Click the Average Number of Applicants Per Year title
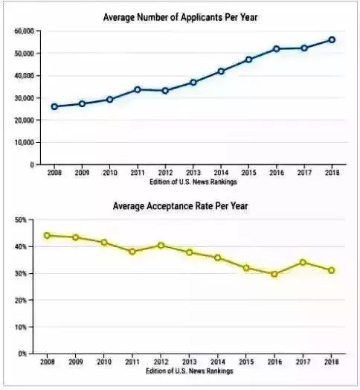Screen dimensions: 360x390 click(x=180, y=17)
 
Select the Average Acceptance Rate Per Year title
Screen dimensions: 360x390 click(x=180, y=206)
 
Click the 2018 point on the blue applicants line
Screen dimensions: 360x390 click(x=332, y=39)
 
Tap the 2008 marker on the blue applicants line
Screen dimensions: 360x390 click(x=54, y=106)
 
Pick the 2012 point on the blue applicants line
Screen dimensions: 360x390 click(x=165, y=91)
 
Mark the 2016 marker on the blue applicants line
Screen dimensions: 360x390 click(x=277, y=49)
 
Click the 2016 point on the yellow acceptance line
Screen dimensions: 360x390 click(x=274, y=274)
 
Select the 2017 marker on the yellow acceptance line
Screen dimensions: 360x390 click(x=303, y=263)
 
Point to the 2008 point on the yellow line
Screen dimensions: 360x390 click(x=47, y=235)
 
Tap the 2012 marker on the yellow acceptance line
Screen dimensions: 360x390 click(x=161, y=246)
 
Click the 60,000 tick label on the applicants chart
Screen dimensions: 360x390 click(x=24, y=31)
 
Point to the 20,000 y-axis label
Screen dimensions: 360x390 click(x=24, y=120)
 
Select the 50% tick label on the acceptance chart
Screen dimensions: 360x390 click(x=21, y=220)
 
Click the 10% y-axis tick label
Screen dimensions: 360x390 click(x=21, y=327)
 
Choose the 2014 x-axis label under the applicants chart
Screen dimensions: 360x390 click(x=221, y=173)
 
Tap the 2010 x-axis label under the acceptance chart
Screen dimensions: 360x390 click(x=104, y=362)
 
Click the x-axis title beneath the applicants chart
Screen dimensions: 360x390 click(x=193, y=182)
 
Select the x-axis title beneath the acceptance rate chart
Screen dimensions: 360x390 click(x=190, y=371)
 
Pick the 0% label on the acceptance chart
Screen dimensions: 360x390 click(x=22, y=354)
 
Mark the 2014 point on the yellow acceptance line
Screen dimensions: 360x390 click(x=217, y=258)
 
